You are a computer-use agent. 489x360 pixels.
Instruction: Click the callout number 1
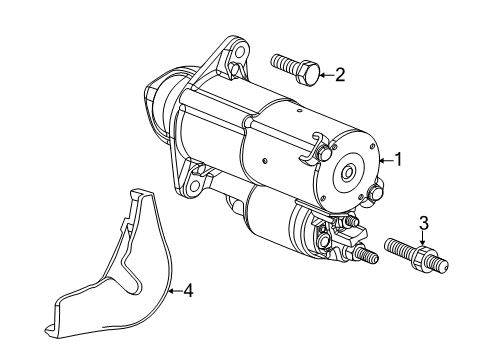point(399,158)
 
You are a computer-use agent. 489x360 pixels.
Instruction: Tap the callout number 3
point(423,249)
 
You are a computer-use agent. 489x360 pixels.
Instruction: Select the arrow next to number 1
point(385,158)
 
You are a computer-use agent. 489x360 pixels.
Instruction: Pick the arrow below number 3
point(423,264)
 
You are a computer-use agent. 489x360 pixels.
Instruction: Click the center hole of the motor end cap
point(346,171)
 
